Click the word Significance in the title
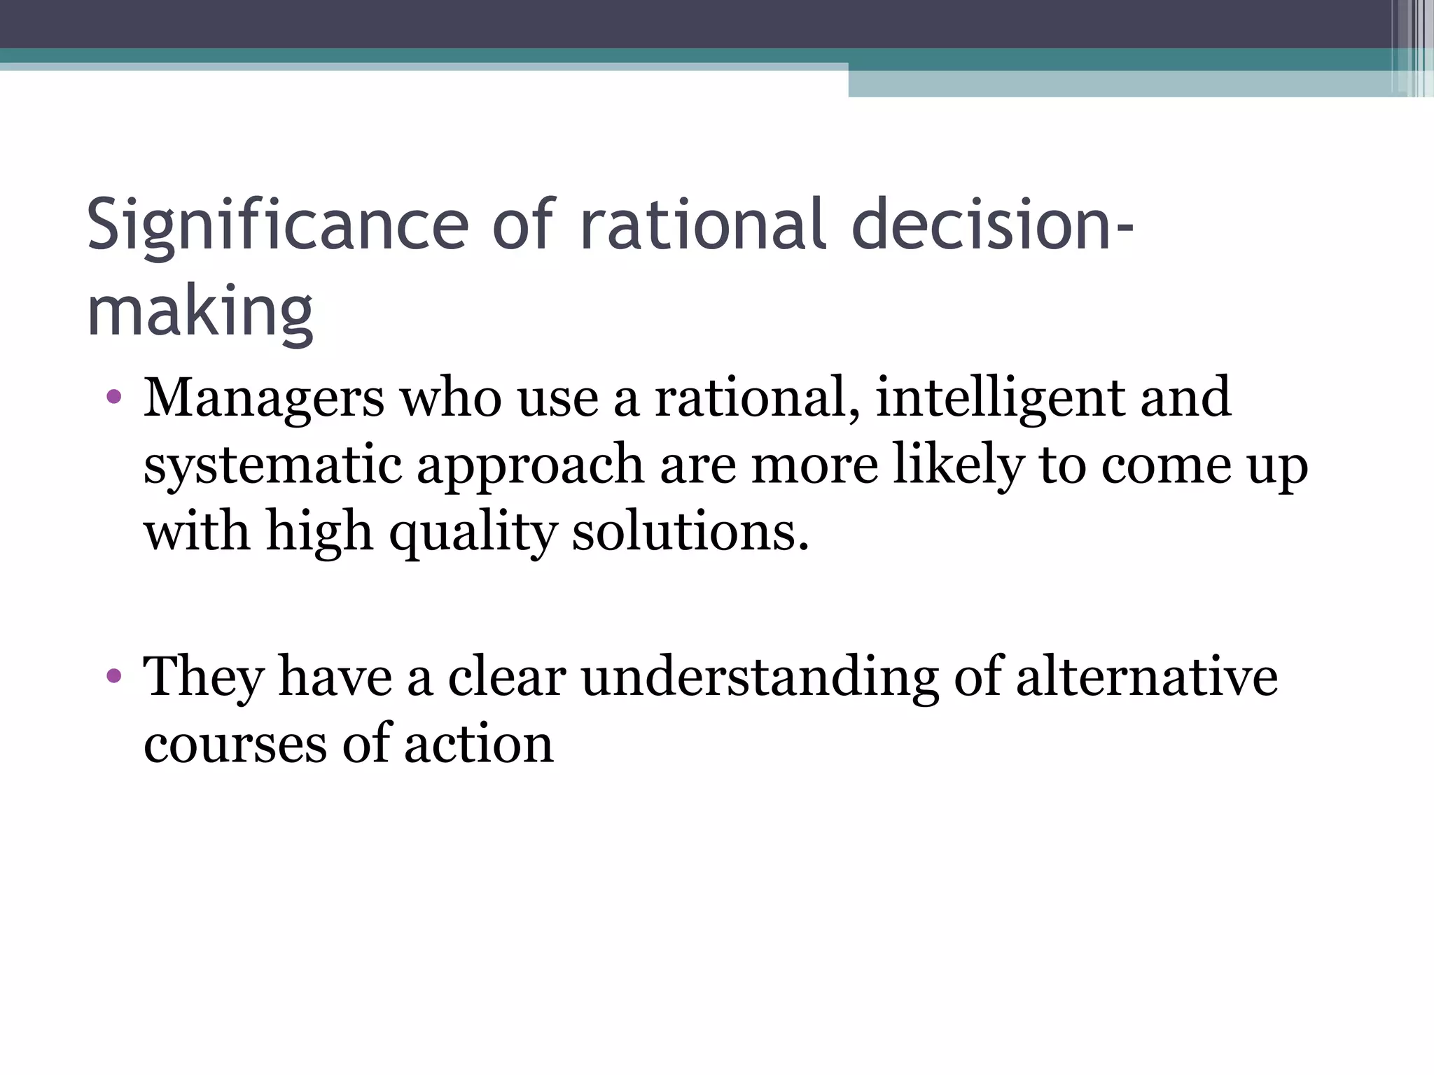[277, 225]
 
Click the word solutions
[690, 532]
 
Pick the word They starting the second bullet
[204, 677]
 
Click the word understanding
[760, 677]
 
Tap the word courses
[235, 744]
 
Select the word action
[479, 744]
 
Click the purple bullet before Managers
[114, 398]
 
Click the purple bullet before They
[114, 677]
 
